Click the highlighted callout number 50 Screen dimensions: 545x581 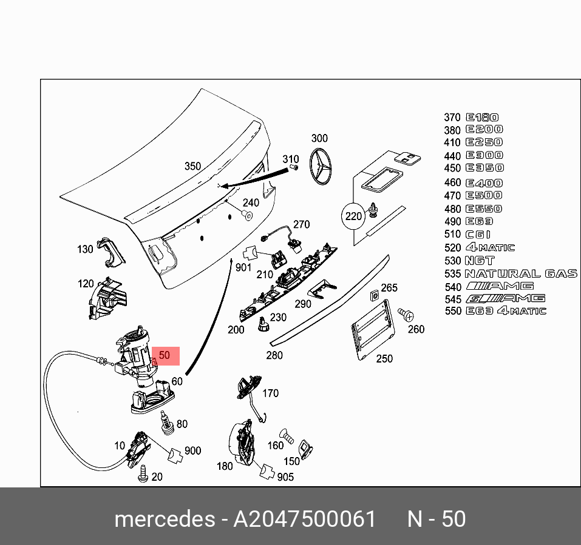(x=165, y=355)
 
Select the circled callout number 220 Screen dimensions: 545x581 (x=353, y=216)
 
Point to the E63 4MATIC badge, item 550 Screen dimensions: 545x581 (x=505, y=311)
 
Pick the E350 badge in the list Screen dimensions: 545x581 (x=484, y=168)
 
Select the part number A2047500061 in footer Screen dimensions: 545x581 (x=305, y=520)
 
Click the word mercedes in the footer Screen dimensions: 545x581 (x=163, y=520)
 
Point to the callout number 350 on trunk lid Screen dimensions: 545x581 (x=192, y=166)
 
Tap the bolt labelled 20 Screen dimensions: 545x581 (x=143, y=473)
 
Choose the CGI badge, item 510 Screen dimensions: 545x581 (x=478, y=235)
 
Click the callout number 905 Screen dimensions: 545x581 (x=285, y=477)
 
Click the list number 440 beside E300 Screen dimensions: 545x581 (x=452, y=155)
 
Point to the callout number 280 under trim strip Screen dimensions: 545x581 (x=274, y=355)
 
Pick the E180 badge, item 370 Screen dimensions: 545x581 (x=482, y=118)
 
